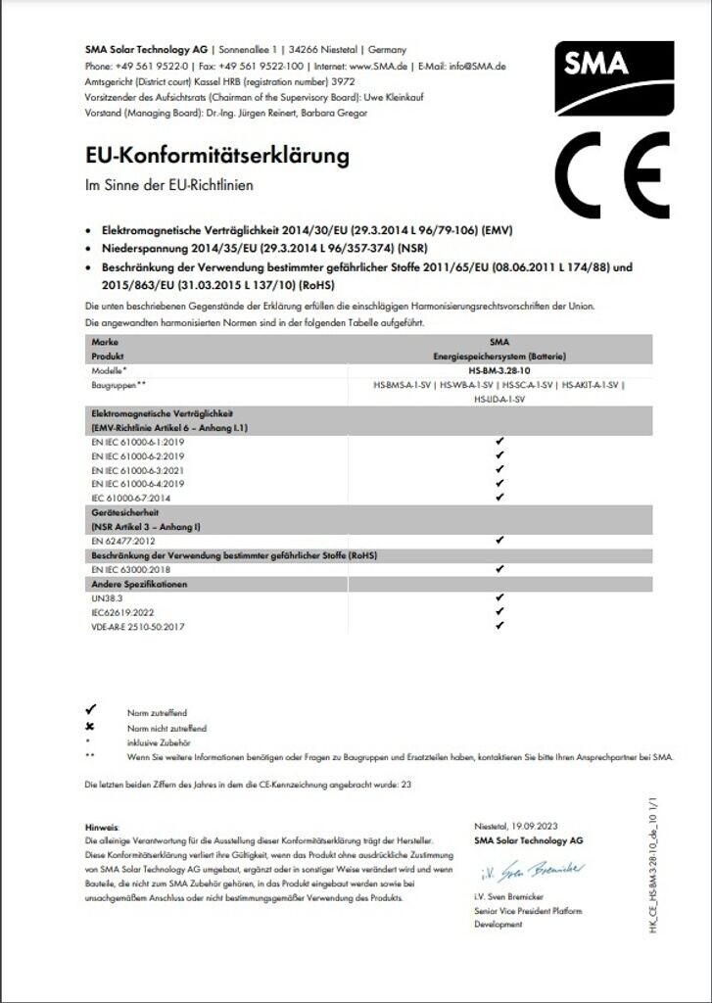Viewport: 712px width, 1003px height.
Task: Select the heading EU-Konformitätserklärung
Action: tap(217, 156)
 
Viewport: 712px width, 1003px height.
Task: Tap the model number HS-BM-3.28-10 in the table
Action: tap(499, 372)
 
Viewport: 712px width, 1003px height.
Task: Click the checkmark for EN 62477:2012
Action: tap(499, 540)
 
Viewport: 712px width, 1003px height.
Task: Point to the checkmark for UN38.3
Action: tap(499, 597)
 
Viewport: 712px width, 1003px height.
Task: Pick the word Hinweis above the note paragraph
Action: tap(102, 828)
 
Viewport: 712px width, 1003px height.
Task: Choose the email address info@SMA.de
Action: tap(478, 67)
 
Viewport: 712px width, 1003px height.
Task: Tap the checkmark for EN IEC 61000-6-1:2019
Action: tap(499, 442)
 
